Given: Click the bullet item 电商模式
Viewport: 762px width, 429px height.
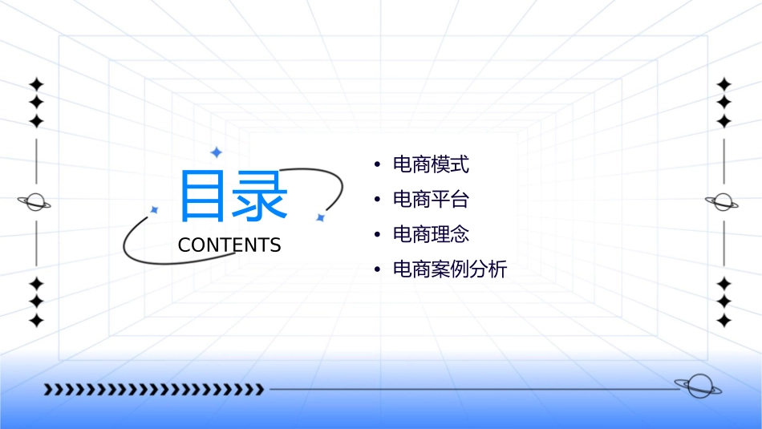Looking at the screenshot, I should click(x=431, y=165).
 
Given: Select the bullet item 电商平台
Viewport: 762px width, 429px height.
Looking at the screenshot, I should click(x=431, y=200).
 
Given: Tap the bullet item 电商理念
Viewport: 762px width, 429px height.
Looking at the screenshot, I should click(x=431, y=234).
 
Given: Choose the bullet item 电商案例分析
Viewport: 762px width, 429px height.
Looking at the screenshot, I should click(x=450, y=269).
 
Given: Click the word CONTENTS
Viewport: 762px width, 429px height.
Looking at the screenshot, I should click(x=229, y=245).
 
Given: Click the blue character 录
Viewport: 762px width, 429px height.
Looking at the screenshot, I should click(x=261, y=196).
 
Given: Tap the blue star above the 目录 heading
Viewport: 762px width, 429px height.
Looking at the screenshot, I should click(x=216, y=152).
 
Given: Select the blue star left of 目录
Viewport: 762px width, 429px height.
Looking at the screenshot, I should click(x=155, y=209).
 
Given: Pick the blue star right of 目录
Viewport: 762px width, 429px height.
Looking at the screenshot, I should click(x=320, y=217).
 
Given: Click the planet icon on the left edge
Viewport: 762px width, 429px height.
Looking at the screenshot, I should click(x=34, y=202).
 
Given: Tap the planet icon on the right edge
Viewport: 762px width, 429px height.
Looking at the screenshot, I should click(x=723, y=202).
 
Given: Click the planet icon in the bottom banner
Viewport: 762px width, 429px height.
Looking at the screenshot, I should click(x=697, y=386).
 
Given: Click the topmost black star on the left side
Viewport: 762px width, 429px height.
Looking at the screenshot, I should click(x=36, y=84).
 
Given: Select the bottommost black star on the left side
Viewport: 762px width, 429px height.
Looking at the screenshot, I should click(x=36, y=321).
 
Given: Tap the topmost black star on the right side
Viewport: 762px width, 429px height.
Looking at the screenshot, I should click(x=724, y=84).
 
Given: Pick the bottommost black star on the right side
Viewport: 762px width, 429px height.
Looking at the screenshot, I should click(x=724, y=321).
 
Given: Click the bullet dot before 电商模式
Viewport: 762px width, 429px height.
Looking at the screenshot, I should click(x=377, y=166).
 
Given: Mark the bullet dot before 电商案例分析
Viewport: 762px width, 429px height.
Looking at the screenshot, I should click(x=377, y=270).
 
